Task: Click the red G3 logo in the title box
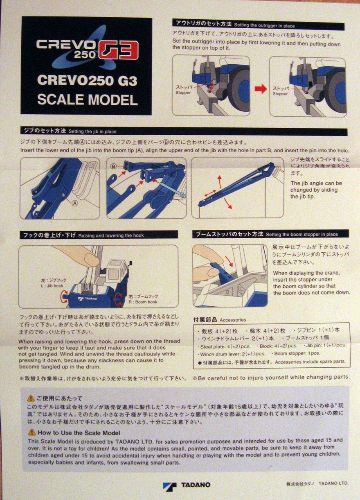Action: pos(119,50)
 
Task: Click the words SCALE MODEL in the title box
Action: pos(88,100)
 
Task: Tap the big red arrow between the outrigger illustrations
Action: pos(261,89)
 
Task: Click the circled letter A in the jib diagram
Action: pos(75,203)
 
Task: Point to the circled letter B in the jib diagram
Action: pos(114,167)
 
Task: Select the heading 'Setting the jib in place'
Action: pos(92,131)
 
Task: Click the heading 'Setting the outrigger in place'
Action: pos(264,26)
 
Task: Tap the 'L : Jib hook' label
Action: pos(52,286)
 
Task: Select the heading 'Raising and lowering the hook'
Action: pos(111,235)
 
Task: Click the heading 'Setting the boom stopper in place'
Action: pos(302,234)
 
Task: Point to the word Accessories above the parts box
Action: pos(233,320)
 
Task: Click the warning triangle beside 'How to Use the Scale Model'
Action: pos(32,433)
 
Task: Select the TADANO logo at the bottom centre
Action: pos(187,485)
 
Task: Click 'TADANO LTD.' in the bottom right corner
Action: pos(333,483)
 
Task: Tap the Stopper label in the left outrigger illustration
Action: pos(183,93)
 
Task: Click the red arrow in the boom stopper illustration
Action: pos(229,261)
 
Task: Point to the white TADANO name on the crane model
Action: pos(91,299)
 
